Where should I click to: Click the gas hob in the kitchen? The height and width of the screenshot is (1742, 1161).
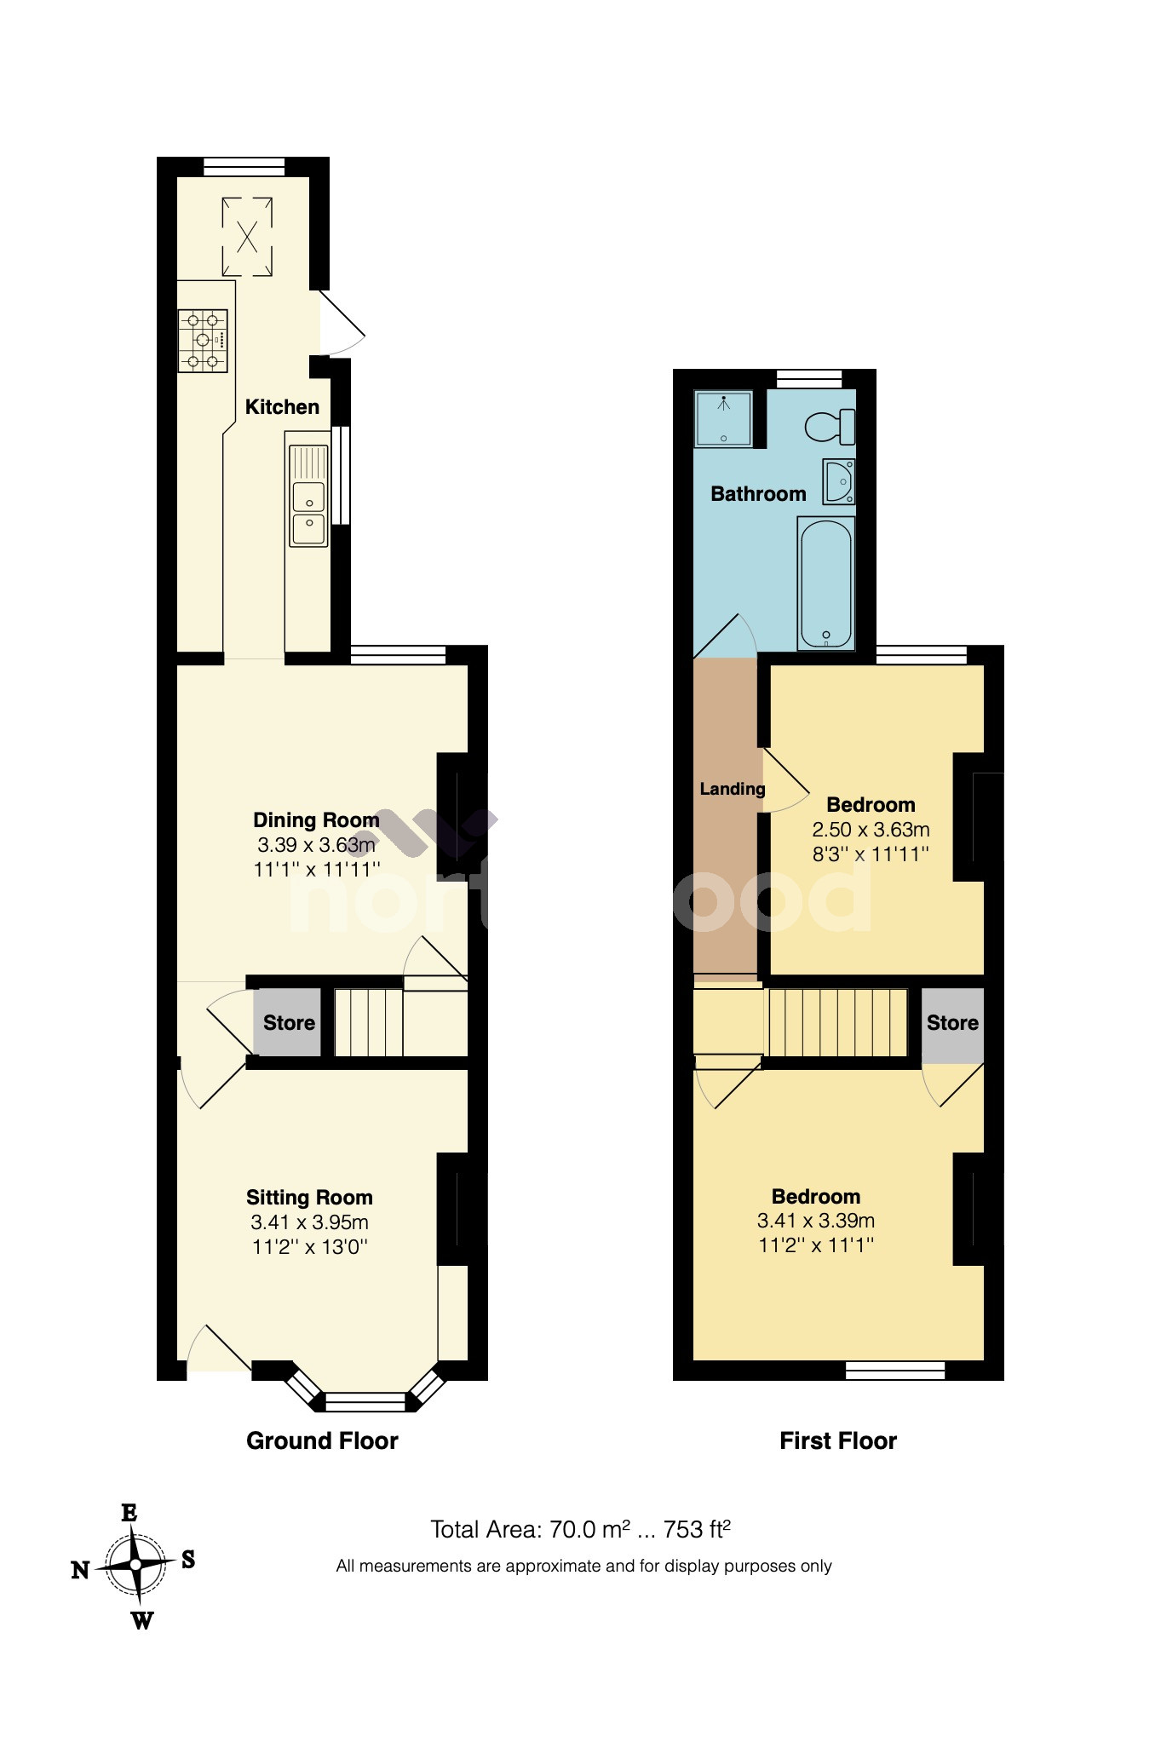click(x=203, y=341)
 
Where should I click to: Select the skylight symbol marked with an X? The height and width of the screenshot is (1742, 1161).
click(x=247, y=236)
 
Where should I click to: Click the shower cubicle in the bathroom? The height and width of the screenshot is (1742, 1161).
click(x=724, y=417)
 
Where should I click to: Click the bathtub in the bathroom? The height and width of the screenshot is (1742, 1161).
click(x=825, y=584)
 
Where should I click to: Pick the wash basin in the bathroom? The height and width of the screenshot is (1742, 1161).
click(x=839, y=481)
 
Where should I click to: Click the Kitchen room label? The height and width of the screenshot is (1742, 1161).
click(x=282, y=407)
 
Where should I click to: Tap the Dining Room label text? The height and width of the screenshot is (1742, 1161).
click(x=316, y=820)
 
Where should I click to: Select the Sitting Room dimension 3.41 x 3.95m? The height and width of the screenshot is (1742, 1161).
click(x=309, y=1222)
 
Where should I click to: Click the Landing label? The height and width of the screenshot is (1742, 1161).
click(x=732, y=789)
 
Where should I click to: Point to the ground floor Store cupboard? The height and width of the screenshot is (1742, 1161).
click(x=288, y=1022)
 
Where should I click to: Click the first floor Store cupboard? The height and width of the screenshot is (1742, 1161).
click(x=952, y=1024)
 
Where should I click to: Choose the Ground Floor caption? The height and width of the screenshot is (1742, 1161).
click(x=322, y=1440)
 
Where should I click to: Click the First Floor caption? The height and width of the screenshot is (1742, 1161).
click(x=838, y=1440)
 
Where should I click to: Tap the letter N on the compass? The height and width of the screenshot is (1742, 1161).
click(x=80, y=1570)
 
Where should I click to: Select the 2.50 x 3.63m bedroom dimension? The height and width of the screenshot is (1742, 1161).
click(x=871, y=830)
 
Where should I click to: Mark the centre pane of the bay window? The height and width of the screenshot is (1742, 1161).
click(x=366, y=1401)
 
